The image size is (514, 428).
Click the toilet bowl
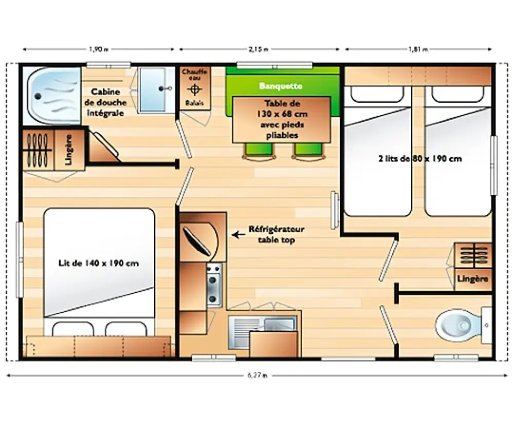pos(458,325)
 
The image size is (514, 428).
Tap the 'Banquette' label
pos(280,86)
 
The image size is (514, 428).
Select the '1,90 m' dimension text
pos(99,49)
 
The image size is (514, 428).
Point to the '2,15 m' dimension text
pos(259,49)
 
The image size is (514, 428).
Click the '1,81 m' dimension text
pos(418,49)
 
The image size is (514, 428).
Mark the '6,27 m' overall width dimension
pos(258,375)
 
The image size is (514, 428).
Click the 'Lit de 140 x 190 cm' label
pos(98,263)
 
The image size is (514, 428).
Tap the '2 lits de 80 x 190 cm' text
pos(420,159)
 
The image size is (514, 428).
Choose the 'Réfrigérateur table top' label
pos(277,234)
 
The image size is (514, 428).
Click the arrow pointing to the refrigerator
pos(238,235)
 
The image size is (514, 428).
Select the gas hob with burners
pos(214,285)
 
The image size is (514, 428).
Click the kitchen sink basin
pos(279,324)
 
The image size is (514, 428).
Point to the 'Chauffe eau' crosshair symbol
pos(194,89)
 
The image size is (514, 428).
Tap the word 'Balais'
pos(194,103)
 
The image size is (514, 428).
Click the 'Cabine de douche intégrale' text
pos(105,102)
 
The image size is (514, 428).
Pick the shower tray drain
pos(38,97)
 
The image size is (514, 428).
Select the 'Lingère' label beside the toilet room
pos(473,279)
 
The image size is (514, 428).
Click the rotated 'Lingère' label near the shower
pos(68,150)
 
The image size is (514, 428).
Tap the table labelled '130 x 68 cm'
pos(282,120)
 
